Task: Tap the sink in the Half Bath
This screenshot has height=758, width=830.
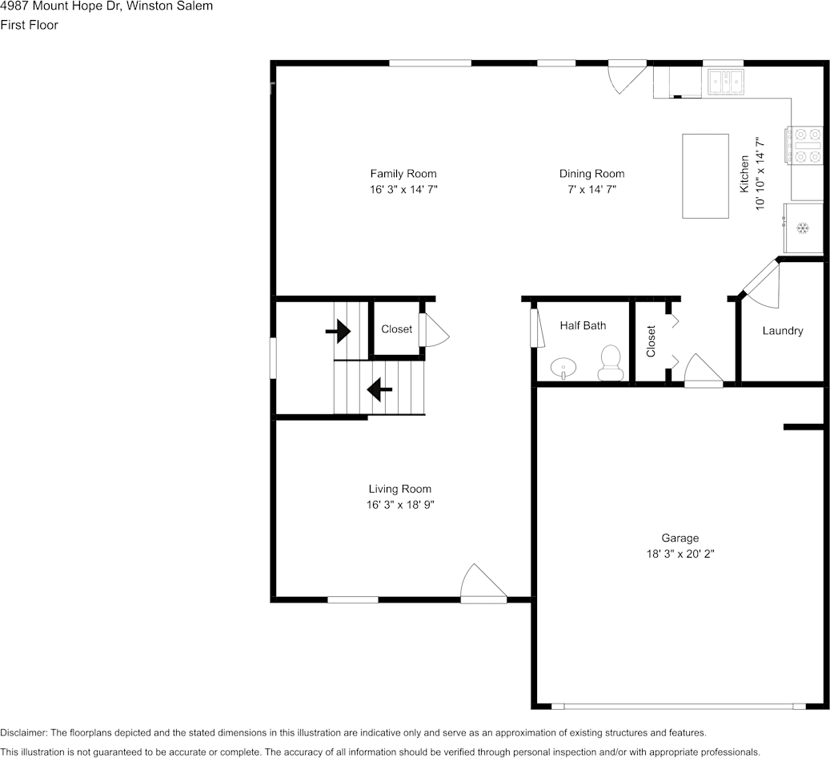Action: tap(563, 367)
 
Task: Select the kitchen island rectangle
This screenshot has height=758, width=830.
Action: tap(705, 176)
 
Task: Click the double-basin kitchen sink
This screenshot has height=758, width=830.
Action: tap(726, 83)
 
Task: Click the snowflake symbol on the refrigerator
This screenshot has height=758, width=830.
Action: tap(803, 228)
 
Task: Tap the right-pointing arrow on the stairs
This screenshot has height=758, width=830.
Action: tap(338, 331)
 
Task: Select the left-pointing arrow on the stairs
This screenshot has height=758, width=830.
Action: tap(379, 389)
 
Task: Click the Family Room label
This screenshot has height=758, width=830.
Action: tap(403, 173)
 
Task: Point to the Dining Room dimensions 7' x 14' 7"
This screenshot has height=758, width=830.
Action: tap(591, 189)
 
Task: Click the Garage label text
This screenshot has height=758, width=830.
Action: tap(680, 538)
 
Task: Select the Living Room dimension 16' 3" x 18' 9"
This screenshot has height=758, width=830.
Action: tap(400, 505)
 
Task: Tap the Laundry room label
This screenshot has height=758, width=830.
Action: tap(783, 331)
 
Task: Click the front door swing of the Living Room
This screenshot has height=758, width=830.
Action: tap(483, 583)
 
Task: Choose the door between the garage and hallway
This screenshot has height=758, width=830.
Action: tap(704, 370)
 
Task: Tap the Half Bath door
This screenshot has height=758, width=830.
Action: tap(538, 329)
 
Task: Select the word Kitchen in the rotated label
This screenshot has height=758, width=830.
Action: tap(744, 174)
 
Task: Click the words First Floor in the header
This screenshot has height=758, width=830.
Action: tap(29, 25)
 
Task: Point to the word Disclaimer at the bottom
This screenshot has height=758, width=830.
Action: tap(24, 732)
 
